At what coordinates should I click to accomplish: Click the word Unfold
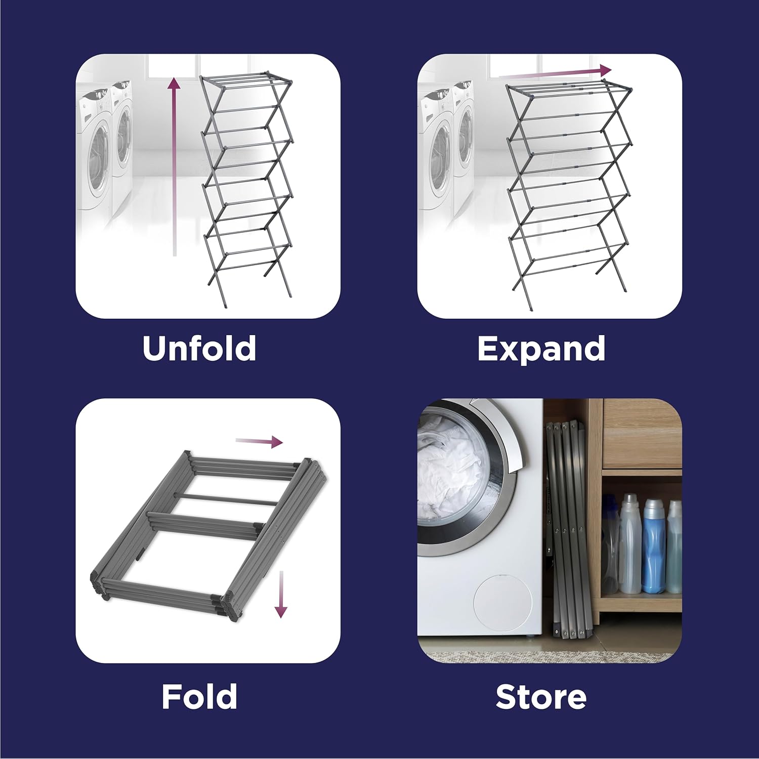(x=199, y=348)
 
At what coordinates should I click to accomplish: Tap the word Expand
(x=541, y=349)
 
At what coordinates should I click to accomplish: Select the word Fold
(x=199, y=697)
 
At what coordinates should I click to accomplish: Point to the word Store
(x=541, y=697)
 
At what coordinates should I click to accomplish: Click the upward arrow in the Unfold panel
(x=174, y=167)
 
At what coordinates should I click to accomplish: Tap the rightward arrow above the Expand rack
(x=557, y=72)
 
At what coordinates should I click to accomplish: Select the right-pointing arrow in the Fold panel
(x=259, y=442)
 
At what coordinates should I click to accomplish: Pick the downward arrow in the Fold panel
(x=281, y=595)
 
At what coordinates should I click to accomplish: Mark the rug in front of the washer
(x=546, y=656)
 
